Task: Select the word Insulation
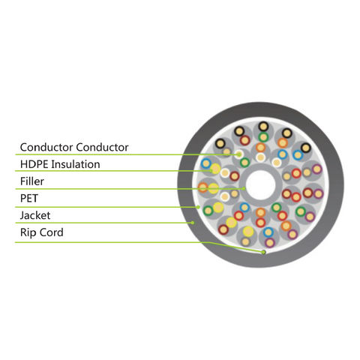click(76, 164)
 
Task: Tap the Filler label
click(32, 181)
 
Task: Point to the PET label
click(29, 198)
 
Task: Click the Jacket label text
click(35, 215)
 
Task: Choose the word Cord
click(52, 232)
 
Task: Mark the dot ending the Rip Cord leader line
click(263, 252)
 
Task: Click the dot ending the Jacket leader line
click(193, 223)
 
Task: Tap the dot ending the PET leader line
click(198, 207)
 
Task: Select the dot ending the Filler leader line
click(244, 188)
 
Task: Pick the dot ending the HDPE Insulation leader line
click(211, 171)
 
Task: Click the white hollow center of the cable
click(260, 185)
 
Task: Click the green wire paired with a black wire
click(263, 136)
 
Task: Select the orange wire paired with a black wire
click(283, 143)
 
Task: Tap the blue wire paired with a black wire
click(298, 155)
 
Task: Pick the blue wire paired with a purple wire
click(268, 232)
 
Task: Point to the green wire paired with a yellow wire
click(208, 211)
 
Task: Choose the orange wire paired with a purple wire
click(286, 226)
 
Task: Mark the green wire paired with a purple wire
click(301, 211)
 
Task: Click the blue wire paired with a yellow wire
click(205, 163)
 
